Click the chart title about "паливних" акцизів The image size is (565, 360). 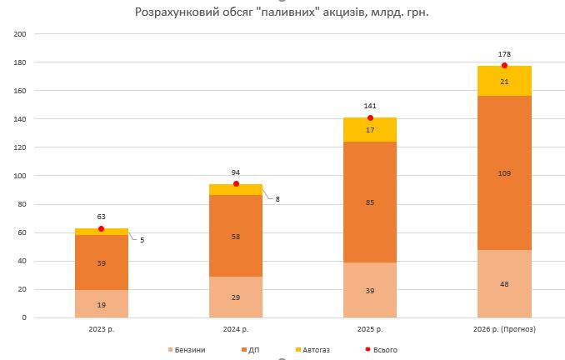pos(281,12)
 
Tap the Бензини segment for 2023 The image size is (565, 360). pos(101,304)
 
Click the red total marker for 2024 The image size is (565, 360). pos(236,184)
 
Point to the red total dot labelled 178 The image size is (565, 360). pos(504,66)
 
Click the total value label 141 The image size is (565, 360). pos(370,107)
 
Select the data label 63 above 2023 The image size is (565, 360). pos(101,217)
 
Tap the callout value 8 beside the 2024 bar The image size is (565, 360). pos(277,198)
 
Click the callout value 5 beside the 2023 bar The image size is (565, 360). pos(142,240)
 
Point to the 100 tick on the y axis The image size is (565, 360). pos(20,176)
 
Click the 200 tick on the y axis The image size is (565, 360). pos(20,34)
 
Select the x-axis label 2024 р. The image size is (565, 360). pos(236,329)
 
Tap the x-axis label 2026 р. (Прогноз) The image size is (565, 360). pos(504,329)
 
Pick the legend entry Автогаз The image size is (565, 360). pos(312,349)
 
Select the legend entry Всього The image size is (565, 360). pos(379,349)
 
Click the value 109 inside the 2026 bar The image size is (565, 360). pos(504,173)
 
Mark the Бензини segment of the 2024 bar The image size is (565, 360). pos(236,297)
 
